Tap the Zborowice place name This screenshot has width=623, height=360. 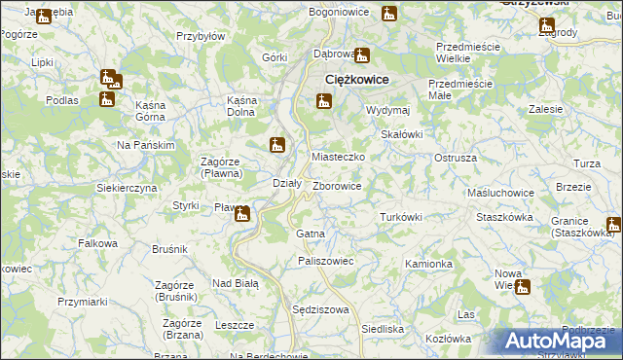coord(338,186)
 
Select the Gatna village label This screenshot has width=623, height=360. coord(310,234)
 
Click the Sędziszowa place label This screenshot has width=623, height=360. coord(320,309)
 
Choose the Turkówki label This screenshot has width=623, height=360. coord(400,217)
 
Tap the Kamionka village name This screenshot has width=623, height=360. coord(429,264)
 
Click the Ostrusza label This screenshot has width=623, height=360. coord(455,157)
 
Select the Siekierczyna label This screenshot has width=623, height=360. coord(127,187)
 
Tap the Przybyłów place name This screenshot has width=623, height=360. coord(201,36)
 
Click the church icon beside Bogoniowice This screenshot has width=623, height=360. coord(389,15)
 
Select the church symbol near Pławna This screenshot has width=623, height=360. coord(242,214)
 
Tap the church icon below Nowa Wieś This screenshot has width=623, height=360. coord(523,287)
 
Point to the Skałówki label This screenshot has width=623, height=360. coord(401,134)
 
